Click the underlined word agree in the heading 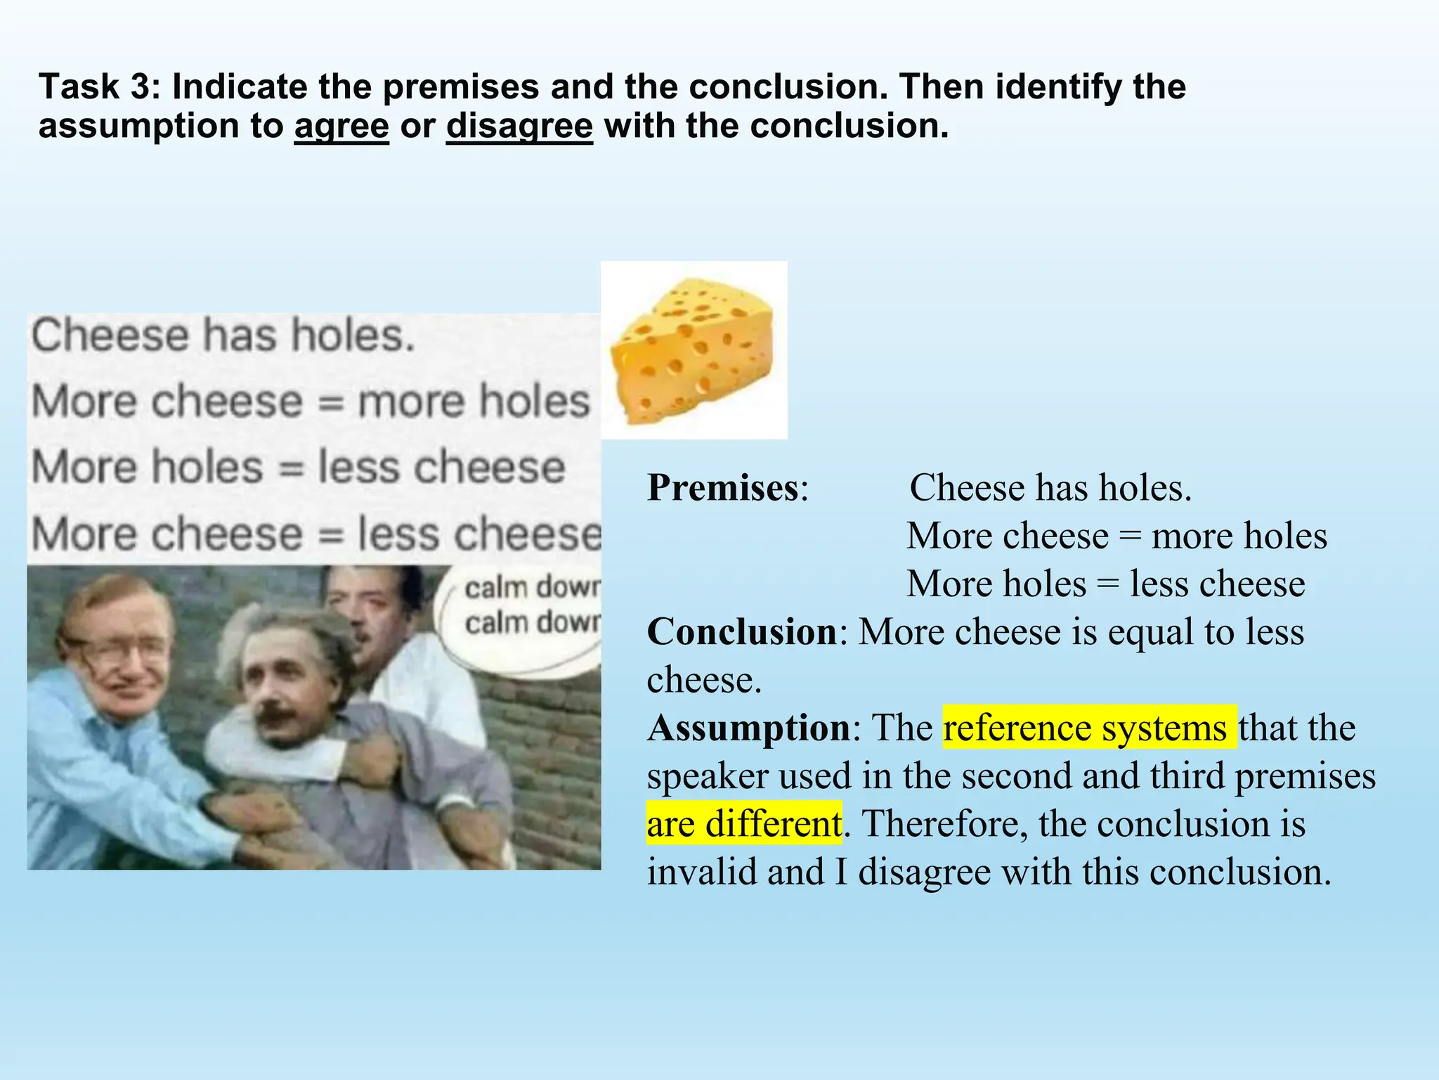(x=341, y=127)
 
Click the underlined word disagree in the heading (x=519, y=127)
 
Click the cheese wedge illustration (x=693, y=350)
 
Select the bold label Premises (x=723, y=488)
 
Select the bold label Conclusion (x=741, y=631)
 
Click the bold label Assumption (x=749, y=728)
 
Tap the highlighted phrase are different (x=743, y=823)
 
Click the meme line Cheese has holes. (x=223, y=335)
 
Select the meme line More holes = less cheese (x=298, y=468)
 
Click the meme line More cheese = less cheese (x=316, y=534)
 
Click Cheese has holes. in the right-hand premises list (x=1050, y=488)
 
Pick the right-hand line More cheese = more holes (x=1116, y=536)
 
